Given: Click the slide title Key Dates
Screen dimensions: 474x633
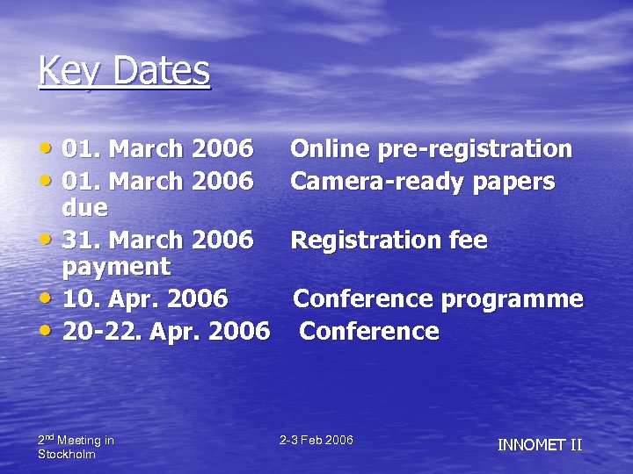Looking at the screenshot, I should tap(124, 70).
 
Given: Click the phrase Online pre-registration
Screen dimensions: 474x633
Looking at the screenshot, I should tap(431, 149).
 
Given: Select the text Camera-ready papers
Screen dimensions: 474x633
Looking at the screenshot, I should tap(422, 182).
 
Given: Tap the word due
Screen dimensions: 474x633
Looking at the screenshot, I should tap(85, 208).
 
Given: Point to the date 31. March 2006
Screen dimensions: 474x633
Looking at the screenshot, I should tap(158, 240).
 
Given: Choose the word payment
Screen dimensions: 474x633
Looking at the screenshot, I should tap(117, 266).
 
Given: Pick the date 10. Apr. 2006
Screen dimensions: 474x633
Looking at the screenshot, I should tap(145, 299).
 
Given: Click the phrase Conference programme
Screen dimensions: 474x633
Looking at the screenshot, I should tap(438, 299).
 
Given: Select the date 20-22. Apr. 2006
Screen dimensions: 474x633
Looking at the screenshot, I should tap(166, 332).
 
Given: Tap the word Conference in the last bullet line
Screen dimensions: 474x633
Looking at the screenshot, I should tap(368, 332).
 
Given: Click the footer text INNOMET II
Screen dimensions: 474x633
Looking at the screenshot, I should tap(540, 445).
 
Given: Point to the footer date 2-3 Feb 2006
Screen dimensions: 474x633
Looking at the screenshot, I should tap(316, 440).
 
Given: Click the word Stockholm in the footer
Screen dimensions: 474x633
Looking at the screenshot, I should tap(67, 454).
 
